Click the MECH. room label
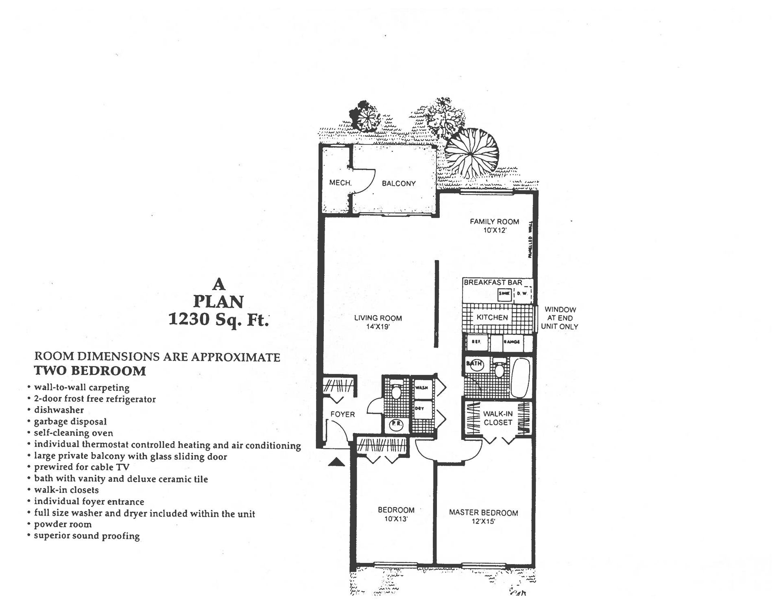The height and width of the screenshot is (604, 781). pos(340,183)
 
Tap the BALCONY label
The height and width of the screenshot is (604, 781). pos(399,184)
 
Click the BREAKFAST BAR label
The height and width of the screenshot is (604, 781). pos(493,282)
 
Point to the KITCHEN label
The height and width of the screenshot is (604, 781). pos(492,317)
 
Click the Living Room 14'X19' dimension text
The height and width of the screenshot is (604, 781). pos(378,326)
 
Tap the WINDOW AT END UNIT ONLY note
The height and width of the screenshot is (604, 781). pos(560,318)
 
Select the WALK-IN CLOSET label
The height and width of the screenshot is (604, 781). pos(498,418)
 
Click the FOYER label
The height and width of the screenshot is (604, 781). pos(343,414)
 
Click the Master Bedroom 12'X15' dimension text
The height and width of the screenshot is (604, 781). pos(483,521)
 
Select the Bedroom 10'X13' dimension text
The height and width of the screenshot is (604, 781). pos(396,519)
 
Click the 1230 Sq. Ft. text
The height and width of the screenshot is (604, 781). pos(218,320)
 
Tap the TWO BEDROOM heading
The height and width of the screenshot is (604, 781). pos(89,371)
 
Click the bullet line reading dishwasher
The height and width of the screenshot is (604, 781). pos(59,410)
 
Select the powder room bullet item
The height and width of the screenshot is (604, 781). pos(63,524)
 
